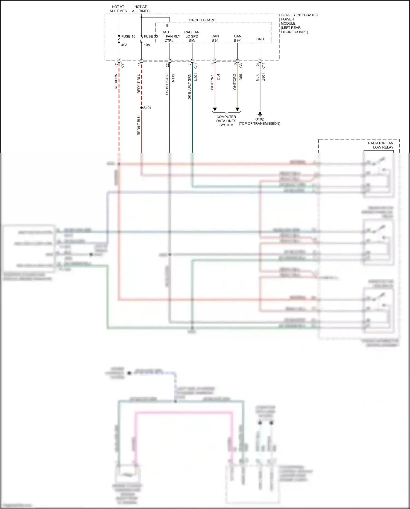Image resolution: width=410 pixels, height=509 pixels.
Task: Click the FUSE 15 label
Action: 128,36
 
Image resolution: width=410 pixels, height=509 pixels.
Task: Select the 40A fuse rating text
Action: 124,45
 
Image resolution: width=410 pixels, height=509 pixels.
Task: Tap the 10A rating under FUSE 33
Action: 147,45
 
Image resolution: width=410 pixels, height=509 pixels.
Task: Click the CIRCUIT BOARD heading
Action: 202,20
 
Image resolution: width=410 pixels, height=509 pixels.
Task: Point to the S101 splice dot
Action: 141,108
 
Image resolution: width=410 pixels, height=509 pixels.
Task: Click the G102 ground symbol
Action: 260,114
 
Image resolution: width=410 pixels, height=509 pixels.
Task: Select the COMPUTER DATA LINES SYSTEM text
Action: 226,121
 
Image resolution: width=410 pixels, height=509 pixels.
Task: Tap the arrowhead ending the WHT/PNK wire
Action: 215,109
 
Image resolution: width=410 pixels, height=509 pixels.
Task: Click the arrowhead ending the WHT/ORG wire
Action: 238,109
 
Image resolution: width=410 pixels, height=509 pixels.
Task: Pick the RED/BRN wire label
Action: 116,81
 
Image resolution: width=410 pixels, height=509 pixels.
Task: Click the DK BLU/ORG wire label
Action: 167,84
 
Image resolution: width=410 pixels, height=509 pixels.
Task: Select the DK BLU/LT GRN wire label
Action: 189,86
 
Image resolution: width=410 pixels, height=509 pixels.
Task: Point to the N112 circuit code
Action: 173,78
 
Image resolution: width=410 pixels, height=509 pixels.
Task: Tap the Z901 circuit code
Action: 263,77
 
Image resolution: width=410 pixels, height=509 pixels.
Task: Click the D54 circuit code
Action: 218,77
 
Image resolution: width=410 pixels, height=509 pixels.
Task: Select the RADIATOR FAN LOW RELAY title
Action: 381,145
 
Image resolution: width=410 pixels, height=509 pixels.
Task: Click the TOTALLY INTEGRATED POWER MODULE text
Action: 299,23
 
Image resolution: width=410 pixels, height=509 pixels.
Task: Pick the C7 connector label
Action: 122,66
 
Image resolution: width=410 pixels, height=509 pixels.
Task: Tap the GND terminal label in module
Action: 260,39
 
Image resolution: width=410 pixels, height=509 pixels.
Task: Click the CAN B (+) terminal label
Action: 238,38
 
